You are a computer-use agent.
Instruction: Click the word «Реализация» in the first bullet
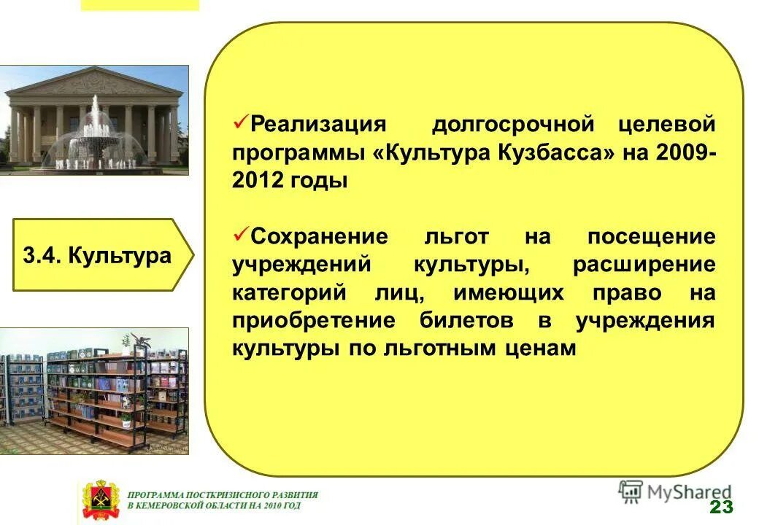click(x=317, y=124)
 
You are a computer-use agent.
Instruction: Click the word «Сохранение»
click(x=320, y=237)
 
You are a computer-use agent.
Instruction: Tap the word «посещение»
click(x=651, y=237)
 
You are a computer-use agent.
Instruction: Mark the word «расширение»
click(x=644, y=265)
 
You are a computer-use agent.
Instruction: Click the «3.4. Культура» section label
click(x=98, y=255)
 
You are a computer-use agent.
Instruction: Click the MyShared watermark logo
click(x=674, y=492)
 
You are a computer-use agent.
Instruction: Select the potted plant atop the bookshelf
click(x=136, y=341)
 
